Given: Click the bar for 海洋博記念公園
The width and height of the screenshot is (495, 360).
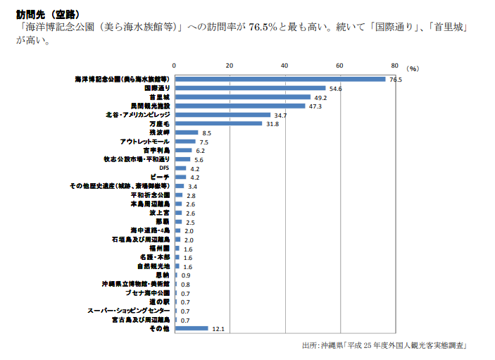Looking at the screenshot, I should (280, 79).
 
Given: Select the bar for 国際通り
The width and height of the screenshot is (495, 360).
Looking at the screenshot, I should (249, 88).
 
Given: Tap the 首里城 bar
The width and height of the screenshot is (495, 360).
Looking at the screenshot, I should (242, 97).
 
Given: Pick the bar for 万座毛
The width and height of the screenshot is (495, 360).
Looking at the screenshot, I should (218, 123).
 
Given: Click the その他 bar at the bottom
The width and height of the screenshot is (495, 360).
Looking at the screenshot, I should (191, 328).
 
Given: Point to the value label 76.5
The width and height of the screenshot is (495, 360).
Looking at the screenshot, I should (395, 80).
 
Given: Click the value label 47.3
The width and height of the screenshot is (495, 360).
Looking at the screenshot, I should (315, 106).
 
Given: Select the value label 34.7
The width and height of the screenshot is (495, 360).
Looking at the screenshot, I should (280, 115).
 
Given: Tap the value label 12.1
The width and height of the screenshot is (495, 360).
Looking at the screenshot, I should (218, 329).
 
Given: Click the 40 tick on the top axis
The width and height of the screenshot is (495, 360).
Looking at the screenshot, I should (284, 66).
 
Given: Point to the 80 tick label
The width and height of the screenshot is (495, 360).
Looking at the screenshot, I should (394, 66).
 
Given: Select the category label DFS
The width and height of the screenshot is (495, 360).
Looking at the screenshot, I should (163, 168).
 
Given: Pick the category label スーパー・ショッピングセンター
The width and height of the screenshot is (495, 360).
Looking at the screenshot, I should (128, 311).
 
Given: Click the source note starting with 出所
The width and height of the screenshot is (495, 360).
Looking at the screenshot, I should (384, 346).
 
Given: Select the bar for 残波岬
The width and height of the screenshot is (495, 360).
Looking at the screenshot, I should (186, 132).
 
